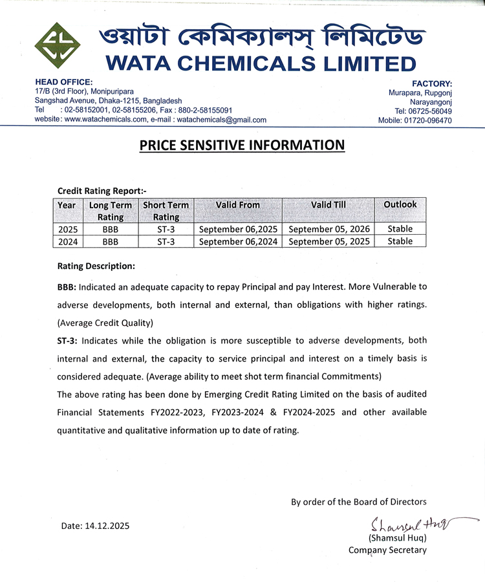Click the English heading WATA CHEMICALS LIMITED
pos(260,63)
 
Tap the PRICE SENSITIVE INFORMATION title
pos(242,145)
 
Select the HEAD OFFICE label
pos(63,83)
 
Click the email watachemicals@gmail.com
pos(221,120)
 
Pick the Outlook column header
pos(400,204)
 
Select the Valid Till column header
pos(329,204)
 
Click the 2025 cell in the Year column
pos(67,229)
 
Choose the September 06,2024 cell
pos(238,241)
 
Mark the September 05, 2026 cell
pos(329,229)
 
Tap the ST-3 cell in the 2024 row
pos(166,241)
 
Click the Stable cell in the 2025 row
pos(400,229)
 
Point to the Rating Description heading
pos(96,266)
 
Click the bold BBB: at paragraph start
pos(67,286)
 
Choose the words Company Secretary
pos(387,550)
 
